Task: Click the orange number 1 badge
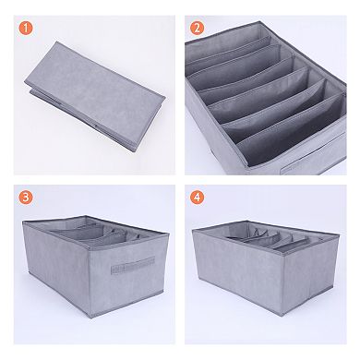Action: pos(24,26)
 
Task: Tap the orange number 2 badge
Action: pos(197,27)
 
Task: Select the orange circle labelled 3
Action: pos(24,197)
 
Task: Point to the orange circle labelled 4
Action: pos(197,197)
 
